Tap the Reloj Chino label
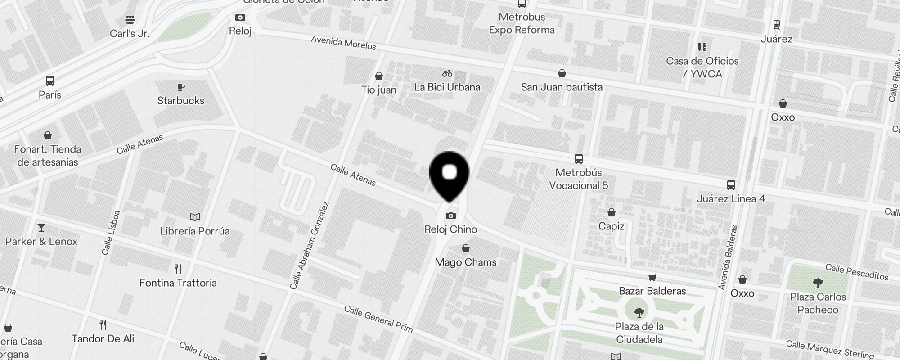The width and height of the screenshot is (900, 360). pos(450,229)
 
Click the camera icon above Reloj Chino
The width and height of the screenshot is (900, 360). pos(450,216)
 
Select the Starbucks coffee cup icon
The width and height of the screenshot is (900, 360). pos(181,87)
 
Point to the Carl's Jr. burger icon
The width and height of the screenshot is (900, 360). pos(130,20)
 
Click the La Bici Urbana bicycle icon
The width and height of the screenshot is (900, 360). pos(447,73)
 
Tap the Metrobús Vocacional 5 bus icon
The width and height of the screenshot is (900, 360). pos(579,159)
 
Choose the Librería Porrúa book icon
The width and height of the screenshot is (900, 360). pos(195,217)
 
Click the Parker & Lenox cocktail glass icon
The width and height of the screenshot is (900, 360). pos(41,228)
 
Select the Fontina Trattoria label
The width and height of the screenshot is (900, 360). pos(178,283)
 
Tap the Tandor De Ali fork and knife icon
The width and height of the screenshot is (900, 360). pos(103,325)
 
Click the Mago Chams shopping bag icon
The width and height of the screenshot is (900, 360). pos(466,249)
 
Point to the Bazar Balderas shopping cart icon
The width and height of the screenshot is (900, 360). pos(652,278)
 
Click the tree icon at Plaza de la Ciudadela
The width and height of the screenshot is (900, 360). pos(639,313)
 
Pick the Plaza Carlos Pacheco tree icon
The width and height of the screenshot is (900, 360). pos(818,283)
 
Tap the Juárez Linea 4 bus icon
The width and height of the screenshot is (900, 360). pos(731,185)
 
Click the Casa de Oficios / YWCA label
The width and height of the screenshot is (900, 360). pos(702,67)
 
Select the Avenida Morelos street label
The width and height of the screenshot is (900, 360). pos(343,43)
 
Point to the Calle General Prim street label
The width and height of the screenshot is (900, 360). pos(378,319)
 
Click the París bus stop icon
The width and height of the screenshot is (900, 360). pos(50,81)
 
